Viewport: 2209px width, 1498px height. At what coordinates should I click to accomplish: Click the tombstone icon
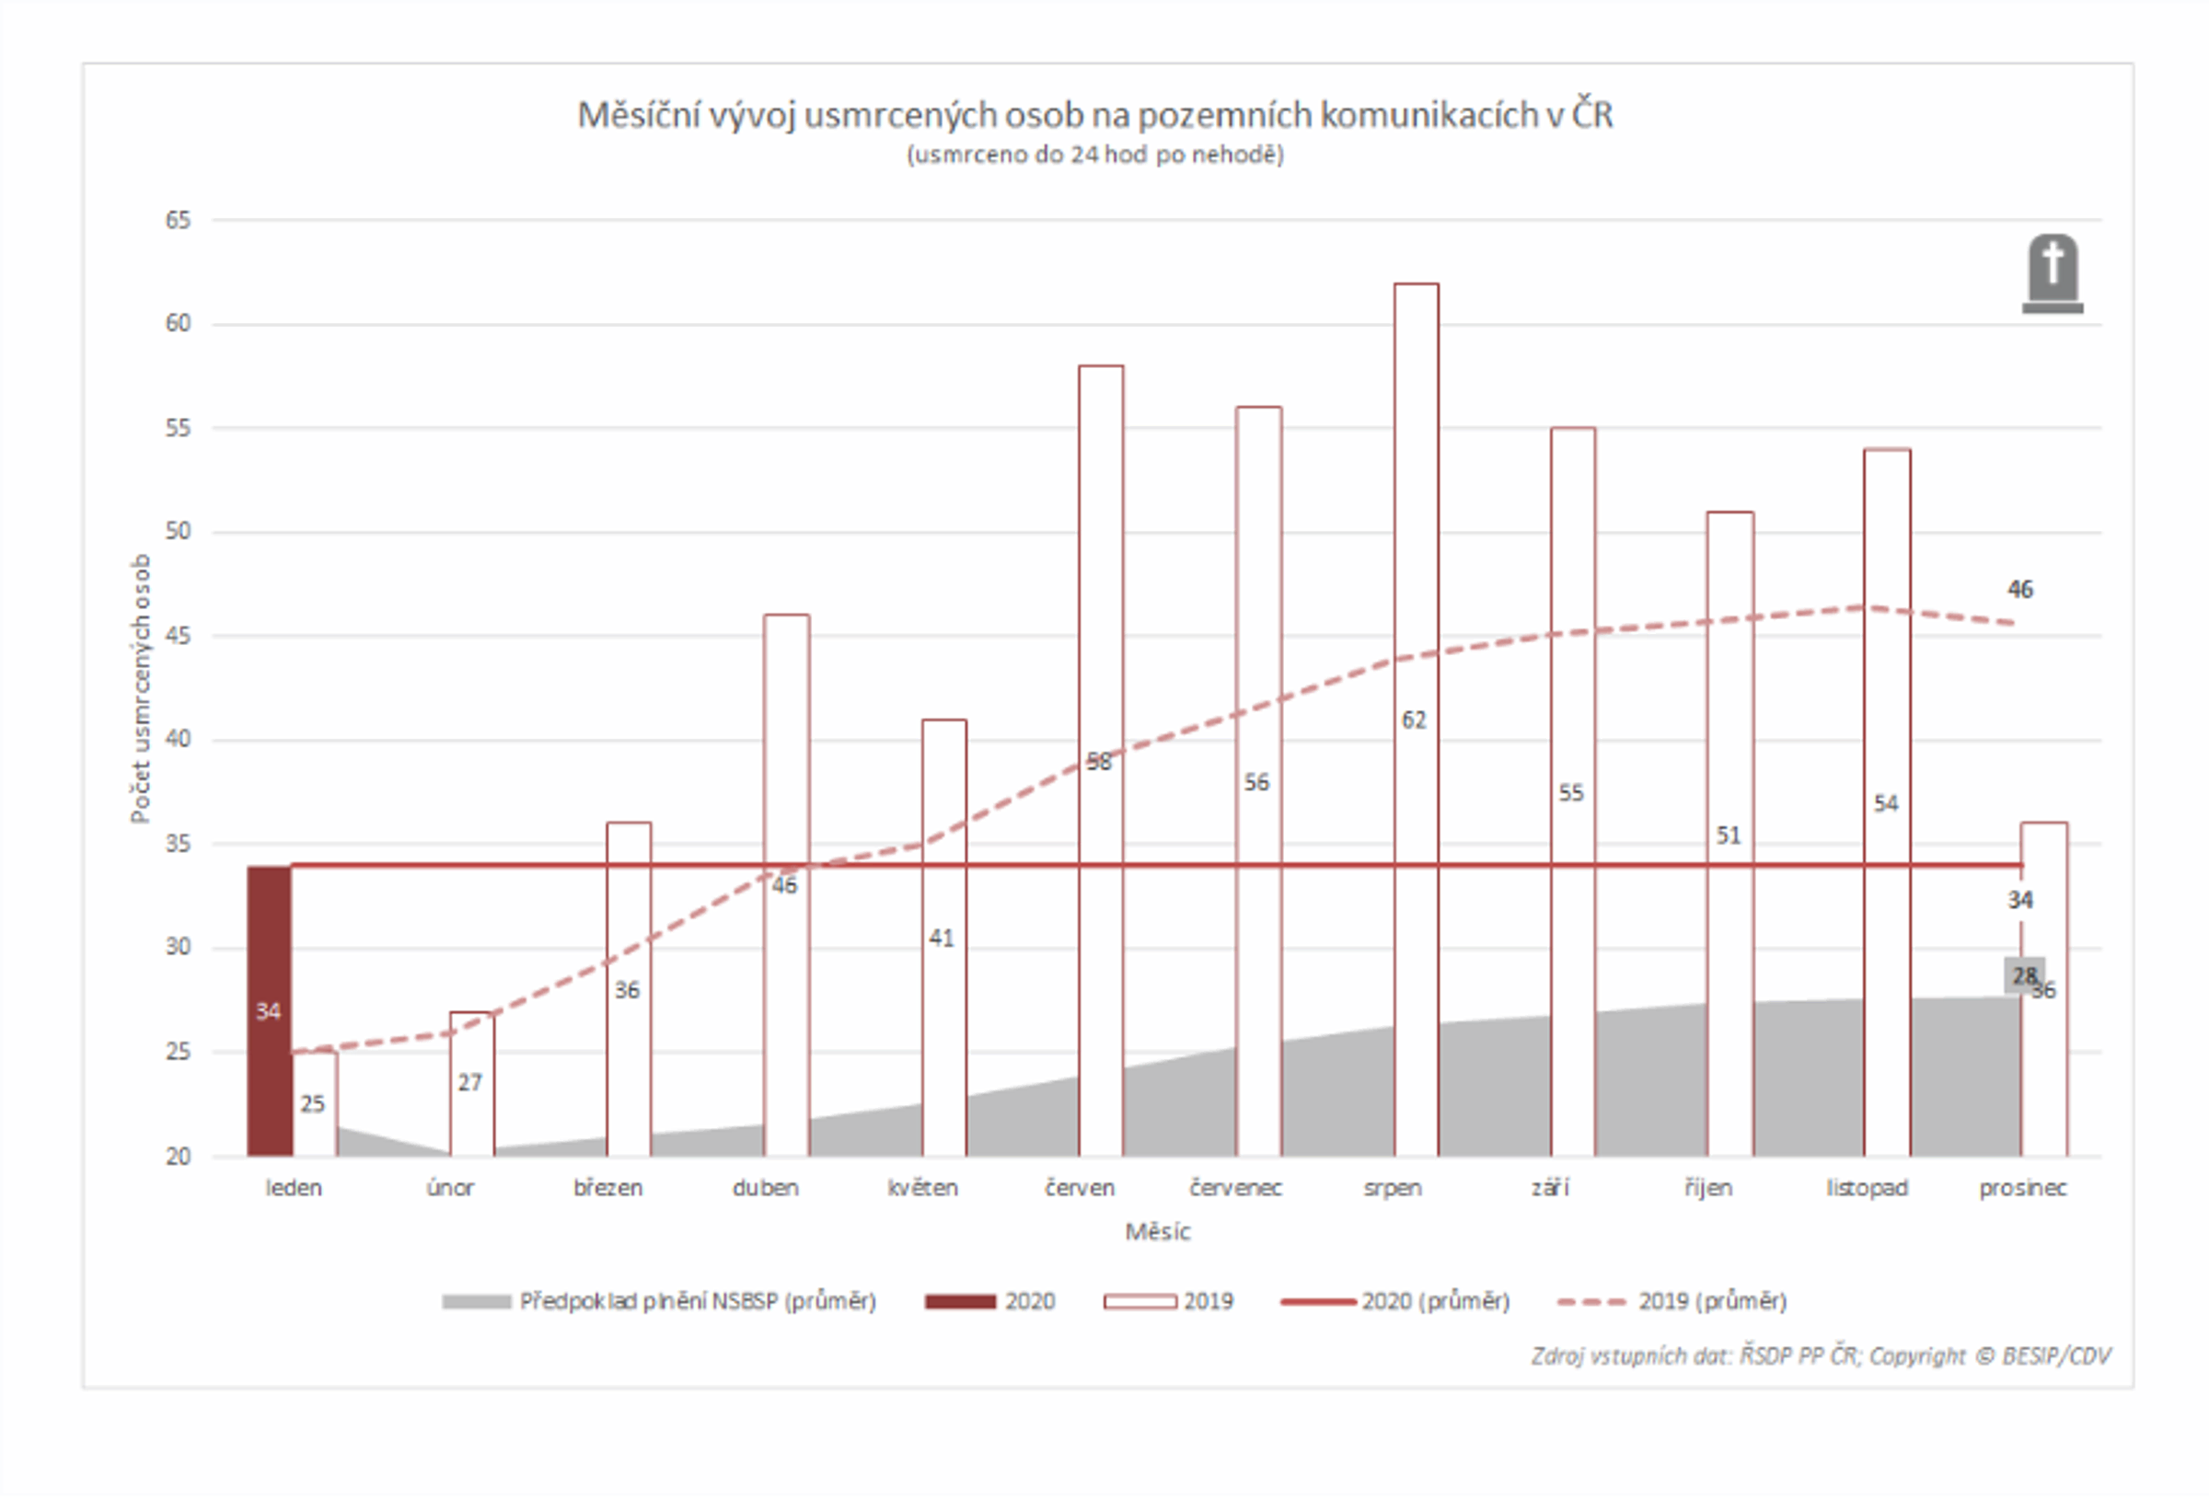pos(2052,274)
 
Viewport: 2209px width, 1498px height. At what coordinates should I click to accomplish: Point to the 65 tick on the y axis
pos(178,221)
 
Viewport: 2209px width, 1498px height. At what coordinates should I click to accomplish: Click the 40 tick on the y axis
pos(178,740)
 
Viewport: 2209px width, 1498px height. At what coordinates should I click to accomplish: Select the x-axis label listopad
pos(1866,1188)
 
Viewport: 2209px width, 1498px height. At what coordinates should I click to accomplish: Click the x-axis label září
pos(1550,1188)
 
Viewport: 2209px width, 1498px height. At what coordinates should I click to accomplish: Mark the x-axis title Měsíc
pos(1157,1232)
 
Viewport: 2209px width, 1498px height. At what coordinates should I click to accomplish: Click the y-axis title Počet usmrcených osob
pos(141,688)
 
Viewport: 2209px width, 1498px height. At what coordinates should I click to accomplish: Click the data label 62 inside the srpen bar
pos(1414,720)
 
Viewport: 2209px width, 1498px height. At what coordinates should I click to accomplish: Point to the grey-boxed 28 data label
pos(2023,975)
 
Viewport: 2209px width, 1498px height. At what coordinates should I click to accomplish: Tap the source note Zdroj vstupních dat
pos(1821,1356)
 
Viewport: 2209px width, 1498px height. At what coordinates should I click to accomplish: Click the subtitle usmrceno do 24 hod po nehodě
pos(1095,155)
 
